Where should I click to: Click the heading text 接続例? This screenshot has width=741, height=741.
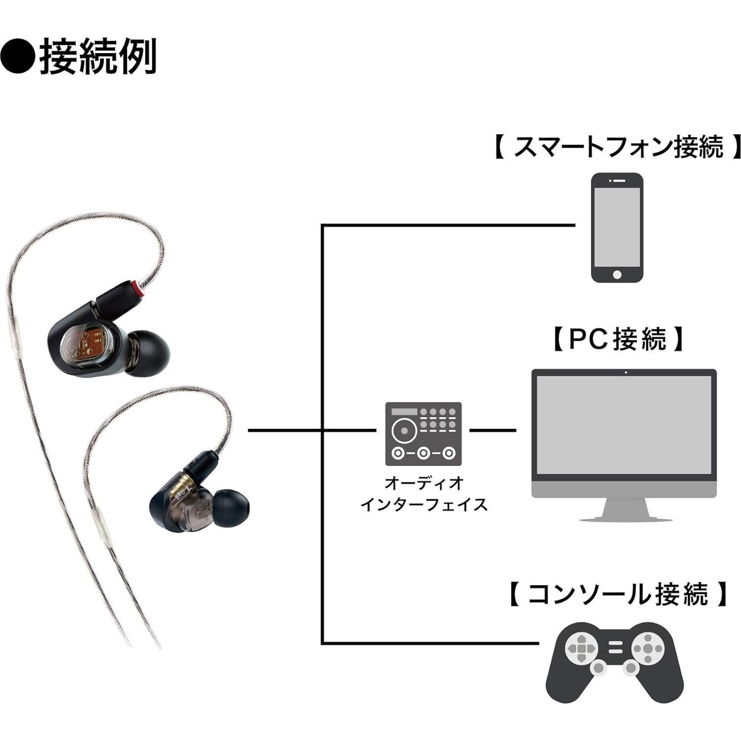[x=98, y=56]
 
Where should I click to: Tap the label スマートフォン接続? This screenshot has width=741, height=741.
[x=618, y=147]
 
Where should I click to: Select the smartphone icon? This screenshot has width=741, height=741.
[x=617, y=227]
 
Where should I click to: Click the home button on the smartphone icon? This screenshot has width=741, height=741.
[x=617, y=274]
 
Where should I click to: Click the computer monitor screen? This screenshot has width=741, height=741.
[x=624, y=425]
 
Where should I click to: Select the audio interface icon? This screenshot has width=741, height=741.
[x=423, y=434]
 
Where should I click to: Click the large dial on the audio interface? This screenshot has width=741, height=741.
[x=404, y=430]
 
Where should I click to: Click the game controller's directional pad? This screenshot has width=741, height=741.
[x=582, y=647]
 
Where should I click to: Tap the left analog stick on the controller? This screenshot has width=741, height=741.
[x=599, y=668]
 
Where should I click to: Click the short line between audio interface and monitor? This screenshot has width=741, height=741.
[x=492, y=430]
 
